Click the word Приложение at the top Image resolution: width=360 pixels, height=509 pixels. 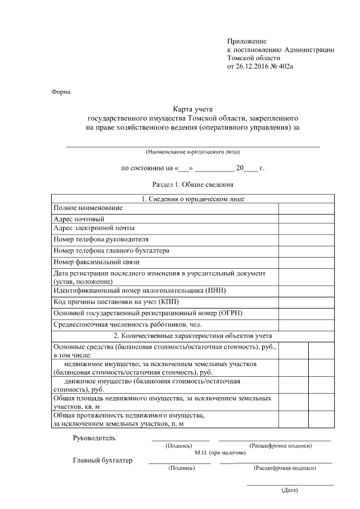[246, 41]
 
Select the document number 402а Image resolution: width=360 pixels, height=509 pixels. [286, 66]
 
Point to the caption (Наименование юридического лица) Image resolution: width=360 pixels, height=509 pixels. [193, 152]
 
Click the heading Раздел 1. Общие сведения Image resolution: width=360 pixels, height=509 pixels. [193, 184]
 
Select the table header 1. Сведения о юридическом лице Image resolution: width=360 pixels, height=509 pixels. [193, 199]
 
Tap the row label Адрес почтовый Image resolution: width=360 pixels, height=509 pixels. [79, 218]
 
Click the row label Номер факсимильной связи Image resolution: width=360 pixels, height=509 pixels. [96, 262]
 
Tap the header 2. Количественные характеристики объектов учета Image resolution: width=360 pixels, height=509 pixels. [193, 335]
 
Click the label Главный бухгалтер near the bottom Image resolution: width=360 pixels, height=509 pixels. [103, 461]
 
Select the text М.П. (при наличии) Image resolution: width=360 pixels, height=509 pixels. [220, 452]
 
